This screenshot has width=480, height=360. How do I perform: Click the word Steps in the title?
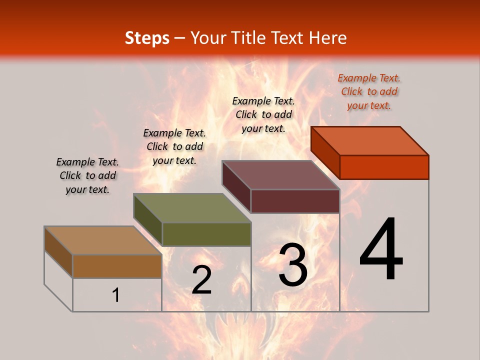pos(147,38)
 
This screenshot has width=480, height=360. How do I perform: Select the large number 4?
pos(381,250)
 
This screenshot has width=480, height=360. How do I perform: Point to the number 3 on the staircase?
pos(293,265)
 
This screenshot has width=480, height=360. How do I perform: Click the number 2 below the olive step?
pos(201,280)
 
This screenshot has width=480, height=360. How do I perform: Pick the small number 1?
pos(116,295)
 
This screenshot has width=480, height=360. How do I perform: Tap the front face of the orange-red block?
pos(384,167)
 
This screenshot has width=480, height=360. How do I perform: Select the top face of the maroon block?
pos(281,175)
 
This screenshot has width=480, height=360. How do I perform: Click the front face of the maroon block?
pos(295,201)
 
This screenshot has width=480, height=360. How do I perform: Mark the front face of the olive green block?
pos(206,234)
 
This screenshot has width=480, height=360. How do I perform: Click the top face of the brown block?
pos(103,240)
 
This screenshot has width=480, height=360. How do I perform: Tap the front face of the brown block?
pos(117,266)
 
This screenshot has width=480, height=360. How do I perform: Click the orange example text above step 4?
pos(369,92)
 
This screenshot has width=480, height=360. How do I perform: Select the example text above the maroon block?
pos(263,114)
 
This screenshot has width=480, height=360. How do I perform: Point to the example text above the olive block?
pos(174,147)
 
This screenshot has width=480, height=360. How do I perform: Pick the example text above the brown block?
pos(87,176)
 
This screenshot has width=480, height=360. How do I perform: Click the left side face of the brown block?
pos(58,252)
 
